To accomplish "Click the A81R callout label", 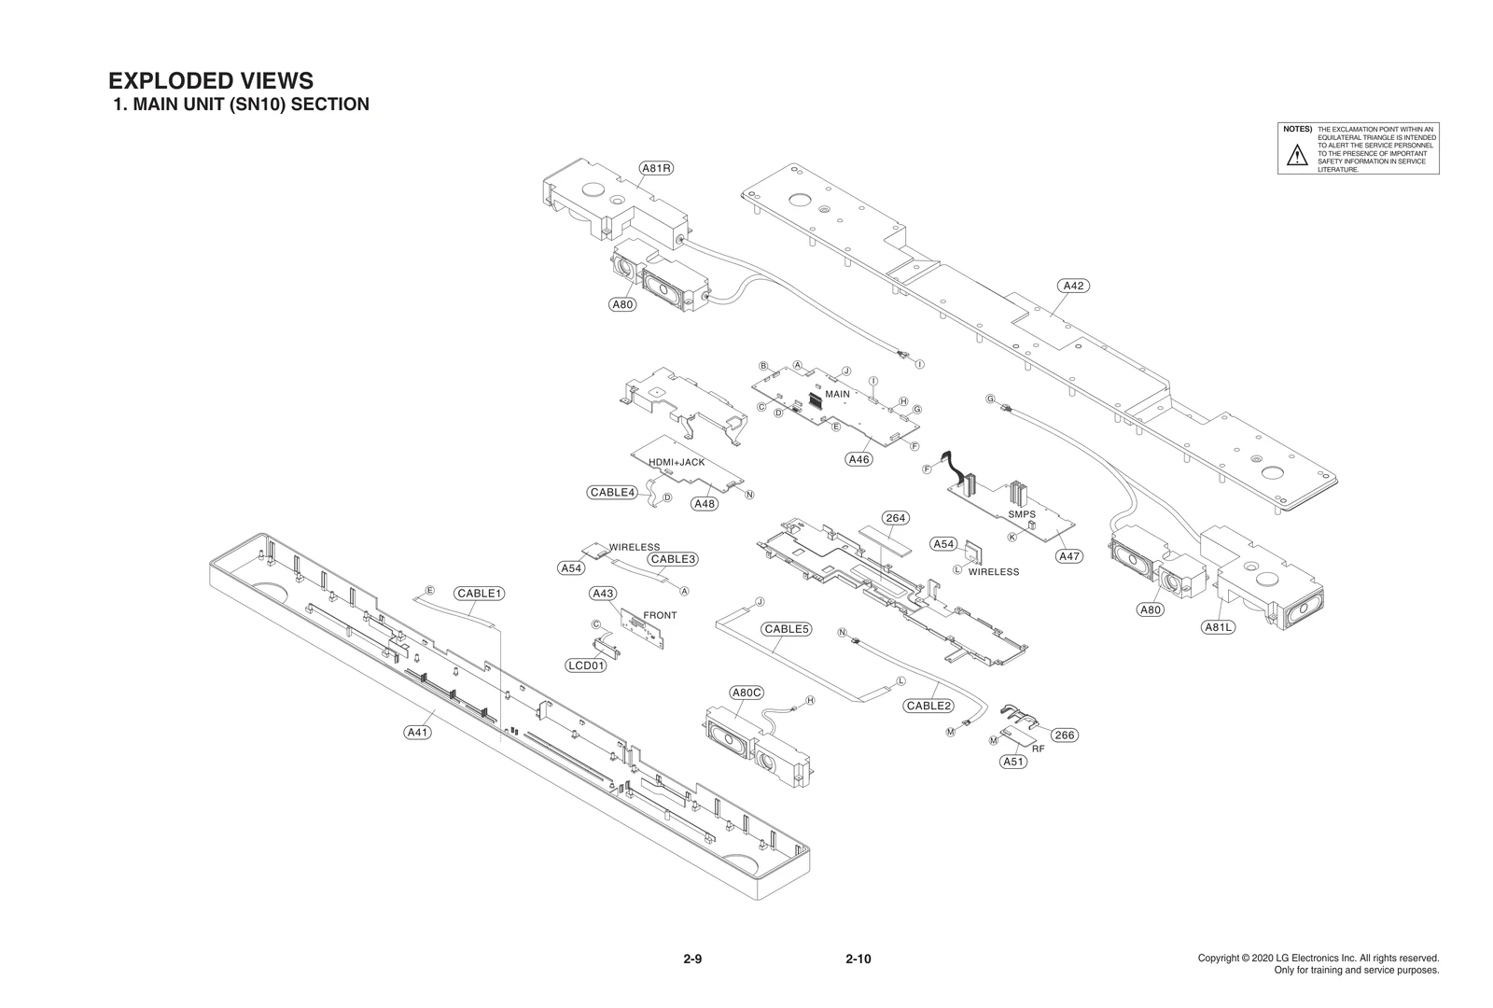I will [x=657, y=168].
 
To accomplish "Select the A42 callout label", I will [x=1074, y=286].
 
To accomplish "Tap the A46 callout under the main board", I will [x=859, y=459].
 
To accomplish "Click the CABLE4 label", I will [x=613, y=492].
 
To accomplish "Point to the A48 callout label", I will [x=705, y=504].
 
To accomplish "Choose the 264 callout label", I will [x=895, y=518].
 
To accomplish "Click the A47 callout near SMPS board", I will [x=1069, y=556].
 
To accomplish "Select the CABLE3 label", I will [x=674, y=559].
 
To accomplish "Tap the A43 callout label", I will [x=603, y=594].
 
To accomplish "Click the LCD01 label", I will [x=587, y=665].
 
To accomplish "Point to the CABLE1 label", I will [x=480, y=594].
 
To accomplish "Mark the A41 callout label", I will [x=417, y=733].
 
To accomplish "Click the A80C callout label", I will [x=746, y=693].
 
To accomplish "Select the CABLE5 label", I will [x=787, y=629].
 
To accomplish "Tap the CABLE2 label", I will [x=928, y=706].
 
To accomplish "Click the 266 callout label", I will [x=1065, y=735].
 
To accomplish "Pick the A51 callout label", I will [x=1013, y=762].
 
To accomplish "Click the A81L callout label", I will [x=1218, y=627].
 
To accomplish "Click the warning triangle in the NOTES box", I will [x=1297, y=156].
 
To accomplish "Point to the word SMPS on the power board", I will [x=1022, y=514].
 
